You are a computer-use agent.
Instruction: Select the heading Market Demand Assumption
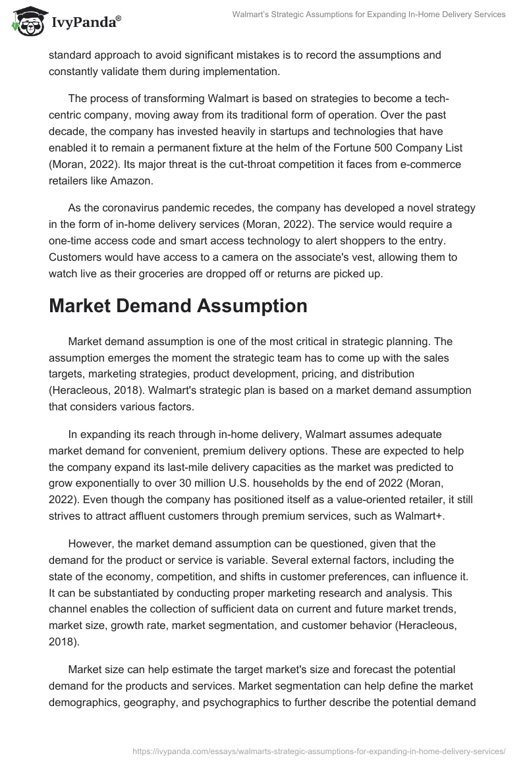tap(178, 306)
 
